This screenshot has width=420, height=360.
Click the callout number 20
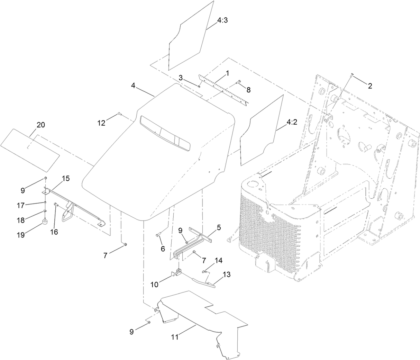(x=41, y=125)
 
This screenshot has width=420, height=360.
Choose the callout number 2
(x=370, y=86)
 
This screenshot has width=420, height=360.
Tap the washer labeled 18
(x=46, y=211)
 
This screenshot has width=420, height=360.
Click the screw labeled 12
(x=119, y=114)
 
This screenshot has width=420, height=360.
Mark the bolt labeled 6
(x=158, y=235)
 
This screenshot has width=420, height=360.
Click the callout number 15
(x=66, y=179)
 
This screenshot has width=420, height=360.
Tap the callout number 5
(x=219, y=228)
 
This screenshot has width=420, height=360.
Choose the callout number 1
(x=228, y=73)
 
